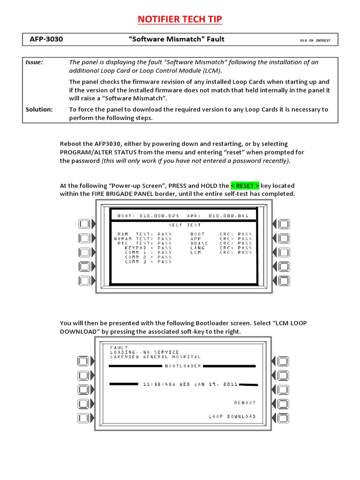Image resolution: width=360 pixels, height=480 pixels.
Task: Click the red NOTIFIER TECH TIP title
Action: click(x=180, y=19)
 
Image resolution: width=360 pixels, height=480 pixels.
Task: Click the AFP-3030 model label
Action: click(x=46, y=39)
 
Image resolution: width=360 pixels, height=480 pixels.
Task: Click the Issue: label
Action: click(x=34, y=62)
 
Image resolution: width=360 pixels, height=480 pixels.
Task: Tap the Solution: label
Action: click(x=39, y=109)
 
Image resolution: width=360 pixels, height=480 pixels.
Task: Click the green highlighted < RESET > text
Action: click(x=245, y=186)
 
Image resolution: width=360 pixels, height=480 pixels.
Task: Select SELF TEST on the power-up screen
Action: click(x=184, y=225)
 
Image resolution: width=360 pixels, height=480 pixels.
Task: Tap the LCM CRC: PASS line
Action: click(x=221, y=253)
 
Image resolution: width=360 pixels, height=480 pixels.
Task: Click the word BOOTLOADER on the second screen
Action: click(x=183, y=366)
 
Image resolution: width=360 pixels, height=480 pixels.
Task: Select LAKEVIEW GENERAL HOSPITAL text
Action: click(x=155, y=357)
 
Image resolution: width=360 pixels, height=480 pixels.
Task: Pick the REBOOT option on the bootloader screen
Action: click(x=245, y=403)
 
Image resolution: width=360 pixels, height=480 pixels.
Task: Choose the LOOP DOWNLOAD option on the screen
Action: click(x=232, y=416)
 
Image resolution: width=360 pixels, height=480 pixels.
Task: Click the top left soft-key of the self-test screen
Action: click(x=84, y=224)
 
